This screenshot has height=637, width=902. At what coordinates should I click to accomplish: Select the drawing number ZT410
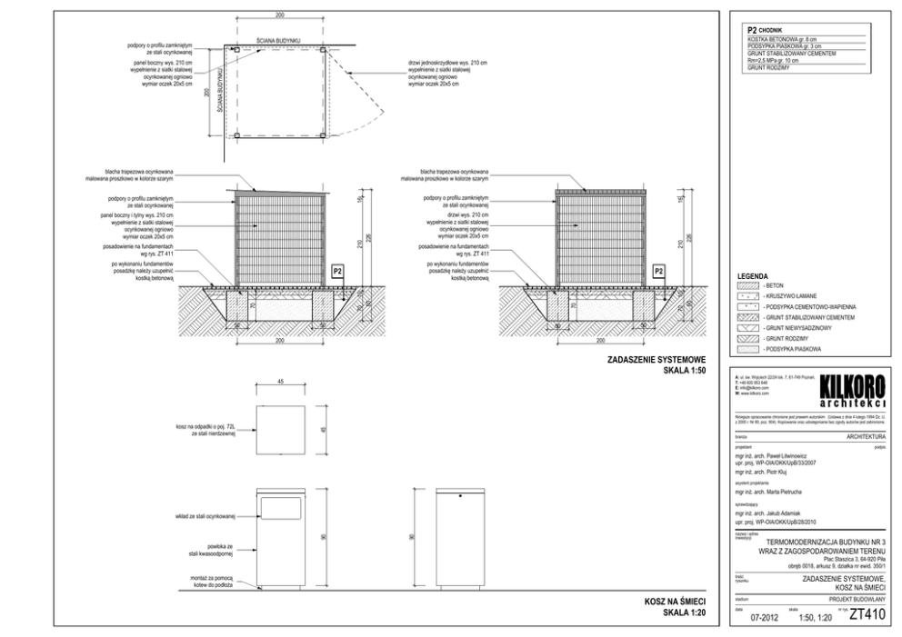tap(866, 615)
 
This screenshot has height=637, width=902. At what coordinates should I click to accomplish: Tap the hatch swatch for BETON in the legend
tap(747, 285)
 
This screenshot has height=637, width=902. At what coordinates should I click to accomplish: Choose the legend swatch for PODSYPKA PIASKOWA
tap(747, 348)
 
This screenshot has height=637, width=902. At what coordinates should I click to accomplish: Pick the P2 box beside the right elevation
tap(660, 271)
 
